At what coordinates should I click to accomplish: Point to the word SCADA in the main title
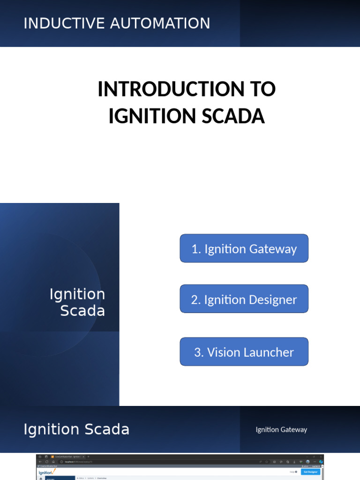click(x=233, y=116)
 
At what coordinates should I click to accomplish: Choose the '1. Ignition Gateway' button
click(x=244, y=248)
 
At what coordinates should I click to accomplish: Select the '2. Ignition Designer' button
click(x=244, y=299)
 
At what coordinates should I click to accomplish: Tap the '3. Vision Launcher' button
click(x=244, y=352)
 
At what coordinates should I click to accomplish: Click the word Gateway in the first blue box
click(x=273, y=249)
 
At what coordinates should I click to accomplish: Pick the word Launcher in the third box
click(x=271, y=352)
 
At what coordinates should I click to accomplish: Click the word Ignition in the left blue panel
click(x=77, y=294)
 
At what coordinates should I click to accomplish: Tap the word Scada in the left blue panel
click(x=82, y=310)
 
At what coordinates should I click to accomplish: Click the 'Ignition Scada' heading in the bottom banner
click(x=76, y=429)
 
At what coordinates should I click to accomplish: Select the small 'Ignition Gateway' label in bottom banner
click(x=281, y=429)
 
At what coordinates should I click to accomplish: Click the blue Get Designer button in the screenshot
click(x=311, y=472)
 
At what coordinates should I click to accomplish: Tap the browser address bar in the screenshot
click(x=141, y=462)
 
